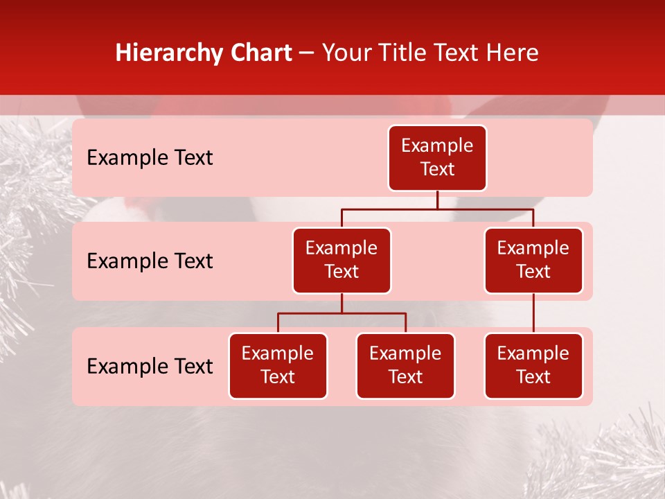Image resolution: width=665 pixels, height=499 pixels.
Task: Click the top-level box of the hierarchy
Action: [437, 158]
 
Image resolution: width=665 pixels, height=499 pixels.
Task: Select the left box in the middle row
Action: [342, 261]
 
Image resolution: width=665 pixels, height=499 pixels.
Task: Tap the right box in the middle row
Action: [533, 261]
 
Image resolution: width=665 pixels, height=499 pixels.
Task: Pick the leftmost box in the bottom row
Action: [278, 366]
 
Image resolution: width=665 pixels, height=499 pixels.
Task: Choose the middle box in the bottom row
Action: [405, 366]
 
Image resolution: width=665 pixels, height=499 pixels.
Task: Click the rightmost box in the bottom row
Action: [533, 366]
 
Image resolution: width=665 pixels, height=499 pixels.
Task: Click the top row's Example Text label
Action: [150, 158]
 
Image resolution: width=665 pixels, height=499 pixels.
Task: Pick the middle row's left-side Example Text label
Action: [150, 261]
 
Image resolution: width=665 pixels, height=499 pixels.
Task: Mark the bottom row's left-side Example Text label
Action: [150, 367]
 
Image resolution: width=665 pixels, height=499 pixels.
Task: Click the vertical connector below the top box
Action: [437, 200]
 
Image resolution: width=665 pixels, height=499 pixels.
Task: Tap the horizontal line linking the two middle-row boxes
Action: [437, 208]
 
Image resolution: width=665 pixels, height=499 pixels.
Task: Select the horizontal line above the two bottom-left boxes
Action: [342, 313]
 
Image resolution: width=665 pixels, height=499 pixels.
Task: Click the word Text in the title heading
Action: [456, 53]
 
